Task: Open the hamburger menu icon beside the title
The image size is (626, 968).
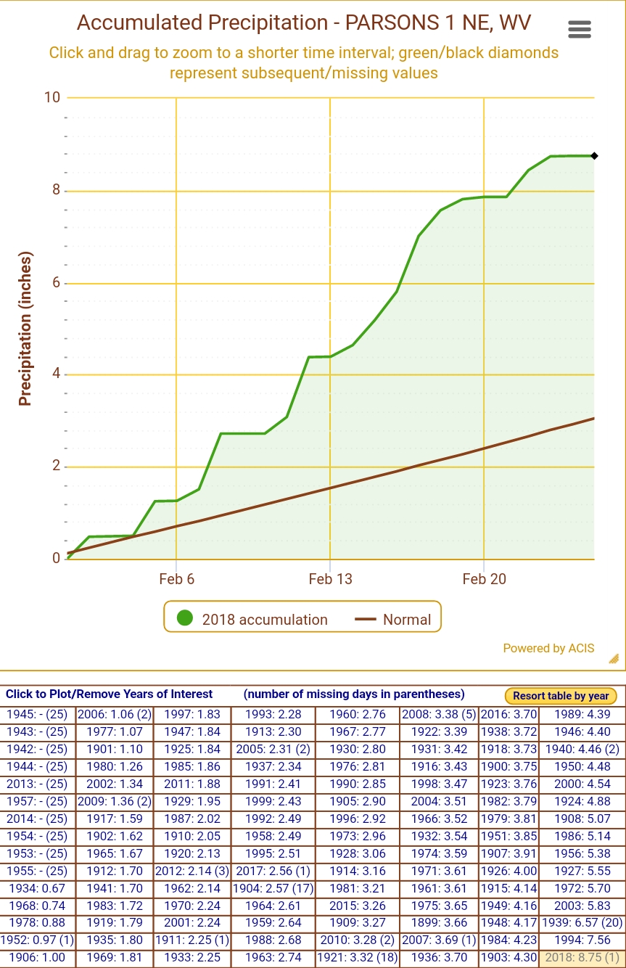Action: [579, 29]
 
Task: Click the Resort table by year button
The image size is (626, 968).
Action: [561, 696]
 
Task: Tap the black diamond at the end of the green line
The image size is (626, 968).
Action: [594, 156]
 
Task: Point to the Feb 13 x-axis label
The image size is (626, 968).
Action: [330, 578]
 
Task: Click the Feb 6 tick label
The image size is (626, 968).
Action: [176, 578]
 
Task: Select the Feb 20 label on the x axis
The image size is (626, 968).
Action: [484, 578]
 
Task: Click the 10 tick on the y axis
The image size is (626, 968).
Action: [52, 97]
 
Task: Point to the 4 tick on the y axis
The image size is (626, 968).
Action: [56, 374]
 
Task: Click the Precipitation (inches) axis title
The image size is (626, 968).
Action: [25, 329]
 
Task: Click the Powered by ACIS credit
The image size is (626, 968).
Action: [548, 648]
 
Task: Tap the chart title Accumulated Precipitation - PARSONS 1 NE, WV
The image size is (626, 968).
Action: [304, 22]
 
